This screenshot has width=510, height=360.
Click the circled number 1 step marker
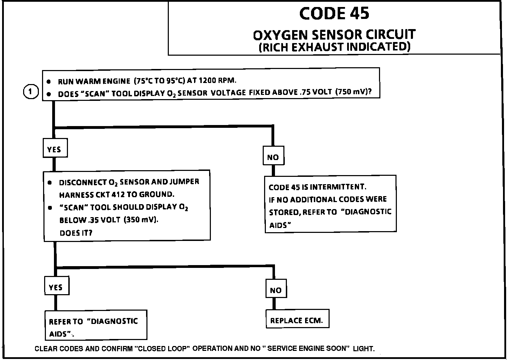(31, 92)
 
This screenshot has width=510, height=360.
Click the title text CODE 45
(334, 14)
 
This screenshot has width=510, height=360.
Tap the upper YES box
(54, 149)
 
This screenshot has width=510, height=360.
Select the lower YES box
(56, 288)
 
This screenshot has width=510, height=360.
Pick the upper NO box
(273, 157)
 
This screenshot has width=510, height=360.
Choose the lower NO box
(276, 290)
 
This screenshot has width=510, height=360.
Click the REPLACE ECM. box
(297, 320)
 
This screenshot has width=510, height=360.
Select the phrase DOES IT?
(76, 233)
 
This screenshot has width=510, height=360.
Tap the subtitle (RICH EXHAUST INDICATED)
(334, 47)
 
